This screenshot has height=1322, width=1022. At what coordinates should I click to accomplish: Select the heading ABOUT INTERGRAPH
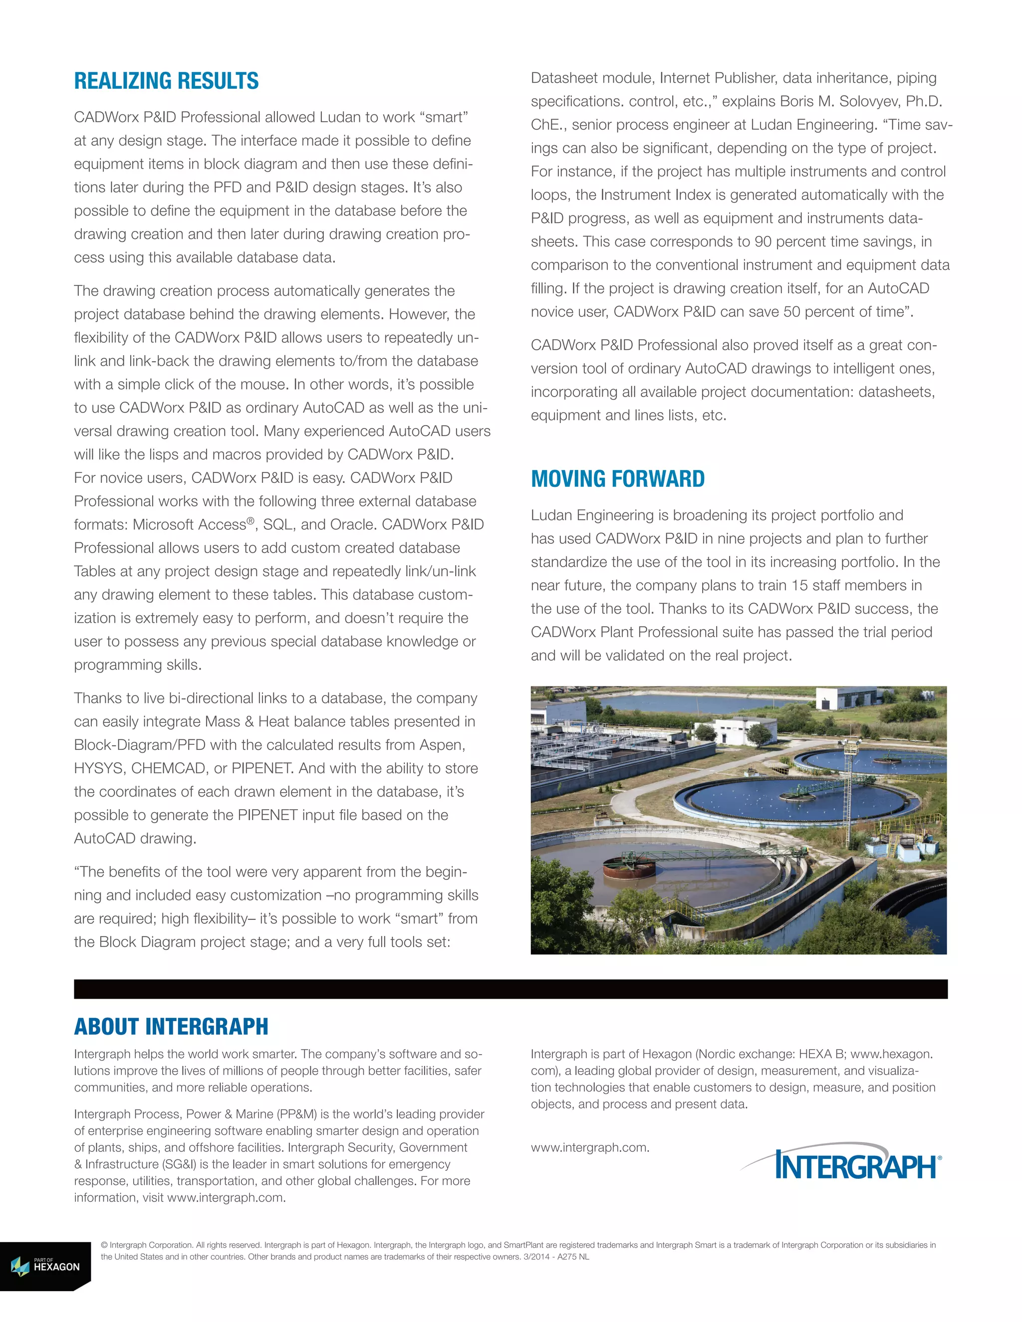pos(171,1027)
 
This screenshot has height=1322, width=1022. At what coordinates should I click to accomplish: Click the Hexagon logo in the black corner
pos(45,1266)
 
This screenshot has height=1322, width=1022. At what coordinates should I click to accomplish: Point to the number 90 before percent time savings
pos(763,241)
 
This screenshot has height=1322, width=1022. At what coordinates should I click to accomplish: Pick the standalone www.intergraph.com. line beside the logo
pos(590,1147)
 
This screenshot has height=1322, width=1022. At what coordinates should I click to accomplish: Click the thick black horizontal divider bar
pos(511,988)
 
